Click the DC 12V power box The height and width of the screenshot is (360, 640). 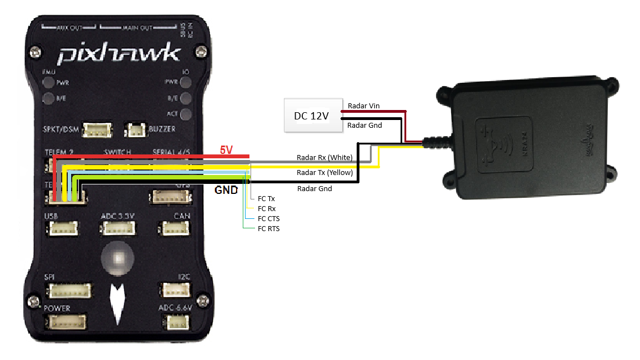(311, 115)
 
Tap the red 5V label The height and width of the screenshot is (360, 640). (226, 150)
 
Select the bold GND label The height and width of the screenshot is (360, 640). (226, 190)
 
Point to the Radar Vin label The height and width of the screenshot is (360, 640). (363, 106)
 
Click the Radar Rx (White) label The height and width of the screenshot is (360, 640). (324, 157)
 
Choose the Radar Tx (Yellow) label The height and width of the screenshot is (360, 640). (325, 173)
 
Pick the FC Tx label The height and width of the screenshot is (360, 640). (267, 198)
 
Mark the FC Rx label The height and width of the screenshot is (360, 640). (267, 208)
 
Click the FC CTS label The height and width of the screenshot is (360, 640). (269, 218)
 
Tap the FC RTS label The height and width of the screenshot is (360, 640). (269, 228)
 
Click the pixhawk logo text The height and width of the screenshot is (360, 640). (119, 54)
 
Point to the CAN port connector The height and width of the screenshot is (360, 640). (174, 228)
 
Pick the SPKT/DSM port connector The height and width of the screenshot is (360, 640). (97, 130)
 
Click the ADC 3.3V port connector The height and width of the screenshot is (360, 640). (118, 228)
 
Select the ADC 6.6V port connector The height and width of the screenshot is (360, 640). (176, 322)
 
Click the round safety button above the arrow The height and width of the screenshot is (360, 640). (118, 258)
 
